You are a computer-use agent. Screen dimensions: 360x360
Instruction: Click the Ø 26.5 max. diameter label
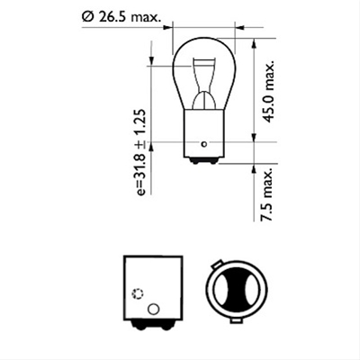coord(121,17)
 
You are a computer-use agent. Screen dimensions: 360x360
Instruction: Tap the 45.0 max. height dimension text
coord(269,92)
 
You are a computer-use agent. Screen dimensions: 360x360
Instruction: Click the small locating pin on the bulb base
coord(204,144)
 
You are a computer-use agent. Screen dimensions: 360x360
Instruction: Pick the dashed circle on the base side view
coord(138,293)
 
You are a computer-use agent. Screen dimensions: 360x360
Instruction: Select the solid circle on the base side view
coord(154,309)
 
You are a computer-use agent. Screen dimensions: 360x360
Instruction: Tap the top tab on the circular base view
coord(217,264)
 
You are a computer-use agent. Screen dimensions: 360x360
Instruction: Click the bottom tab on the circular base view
coord(236,319)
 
